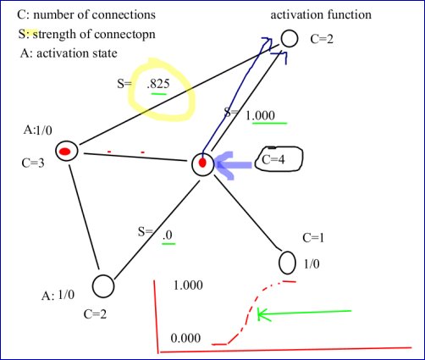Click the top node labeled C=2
[289, 39]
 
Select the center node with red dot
[202, 163]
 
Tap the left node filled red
[67, 152]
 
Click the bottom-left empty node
[102, 286]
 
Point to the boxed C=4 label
[275, 158]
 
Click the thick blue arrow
[232, 164]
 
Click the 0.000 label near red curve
[186, 339]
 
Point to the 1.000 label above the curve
[187, 285]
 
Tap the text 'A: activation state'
[68, 53]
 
